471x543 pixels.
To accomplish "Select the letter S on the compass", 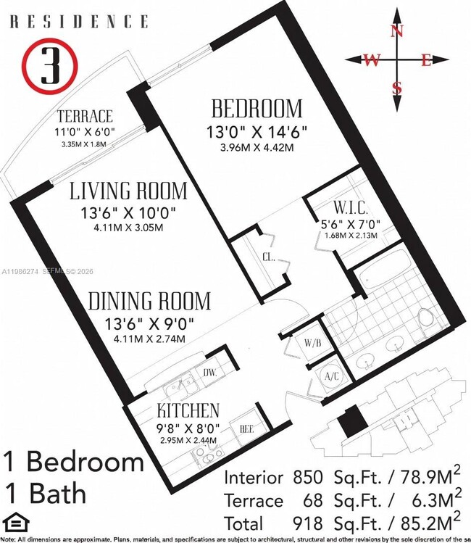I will click(396, 88).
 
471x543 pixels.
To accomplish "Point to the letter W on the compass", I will click(372, 60).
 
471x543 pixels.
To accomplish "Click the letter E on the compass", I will click(427, 60).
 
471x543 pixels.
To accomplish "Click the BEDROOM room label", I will click(256, 109).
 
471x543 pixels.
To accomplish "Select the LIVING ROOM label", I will click(128, 191).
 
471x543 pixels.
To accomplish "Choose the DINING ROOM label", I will click(150, 300).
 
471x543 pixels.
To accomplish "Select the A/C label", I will click(331, 376).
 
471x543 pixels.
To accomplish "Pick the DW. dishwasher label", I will click(210, 373).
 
